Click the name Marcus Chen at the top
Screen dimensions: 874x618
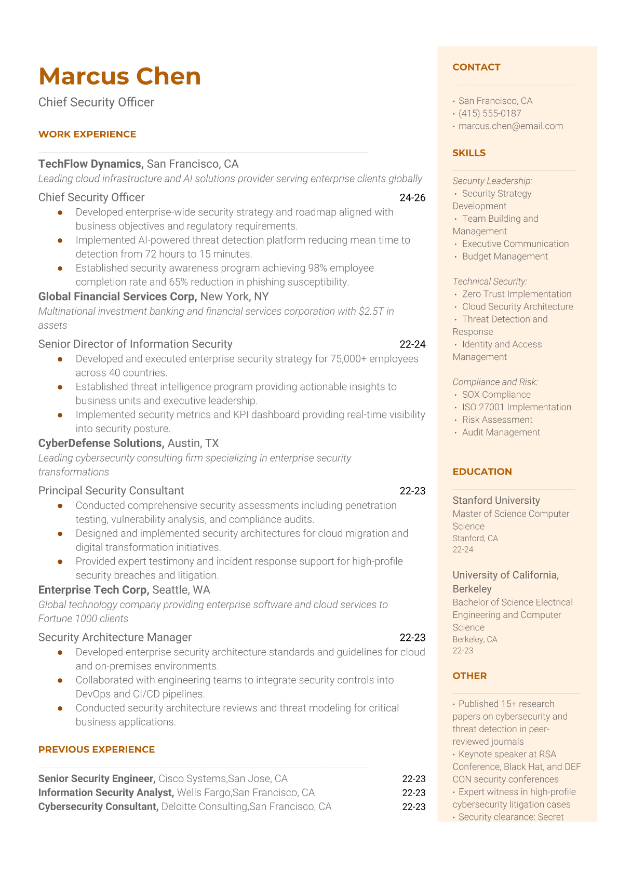coord(119,76)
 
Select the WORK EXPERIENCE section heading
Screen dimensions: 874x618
coord(87,134)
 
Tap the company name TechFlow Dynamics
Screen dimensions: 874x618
coord(90,164)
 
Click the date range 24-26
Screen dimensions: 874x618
coord(412,197)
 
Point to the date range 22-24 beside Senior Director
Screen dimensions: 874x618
coord(412,344)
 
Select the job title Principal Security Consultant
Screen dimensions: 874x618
coord(111,491)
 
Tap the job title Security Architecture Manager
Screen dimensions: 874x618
coord(115,637)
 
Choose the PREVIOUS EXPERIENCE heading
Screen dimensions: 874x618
coord(97,749)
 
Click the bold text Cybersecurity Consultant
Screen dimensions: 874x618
coord(98,806)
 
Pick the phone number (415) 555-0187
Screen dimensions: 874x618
coord(490,113)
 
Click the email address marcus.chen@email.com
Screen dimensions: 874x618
coord(510,126)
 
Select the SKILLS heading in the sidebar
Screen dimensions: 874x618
coord(469,153)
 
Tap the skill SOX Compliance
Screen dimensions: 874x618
coord(496,395)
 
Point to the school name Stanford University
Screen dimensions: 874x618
coord(496,500)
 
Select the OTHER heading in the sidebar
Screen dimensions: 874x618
coord(469,676)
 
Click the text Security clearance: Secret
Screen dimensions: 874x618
coord(510,817)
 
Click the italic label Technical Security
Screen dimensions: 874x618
coord(489,281)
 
